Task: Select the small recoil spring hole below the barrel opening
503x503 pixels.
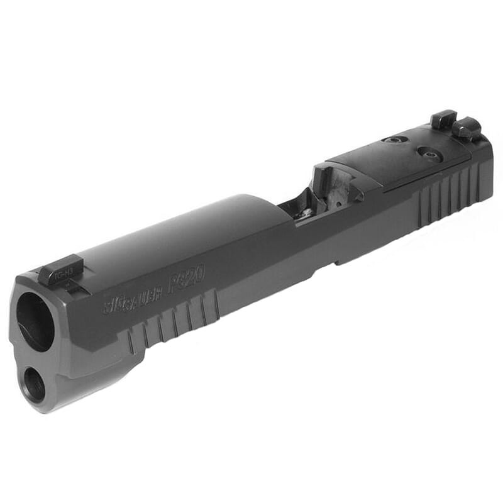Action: click(x=34, y=385)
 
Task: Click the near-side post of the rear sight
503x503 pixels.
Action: click(x=466, y=129)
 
